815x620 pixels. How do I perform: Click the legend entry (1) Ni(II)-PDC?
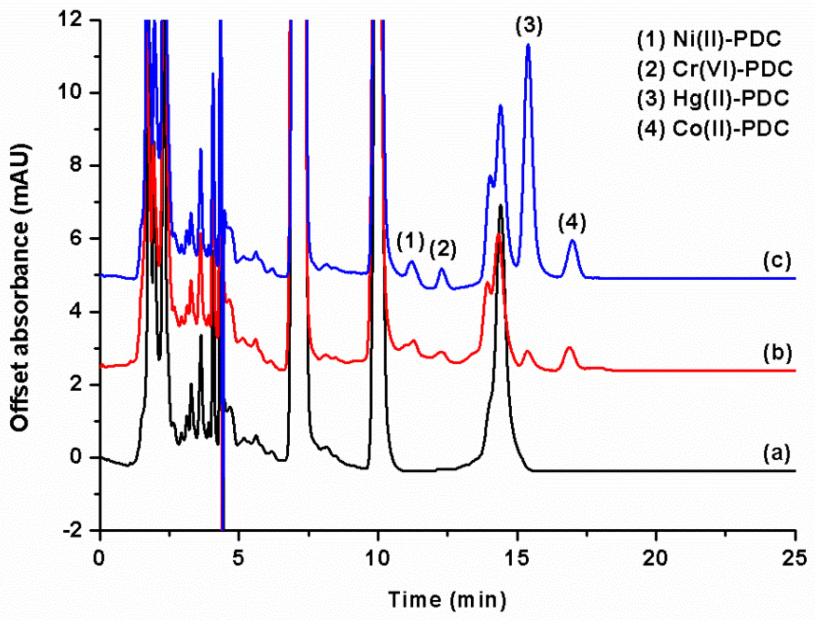click(709, 39)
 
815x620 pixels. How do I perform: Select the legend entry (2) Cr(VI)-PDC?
click(715, 69)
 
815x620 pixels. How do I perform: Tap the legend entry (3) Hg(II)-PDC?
click(713, 99)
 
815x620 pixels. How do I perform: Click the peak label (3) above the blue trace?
click(529, 26)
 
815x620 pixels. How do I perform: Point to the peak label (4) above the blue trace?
click(572, 223)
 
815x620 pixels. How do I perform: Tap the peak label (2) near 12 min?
click(442, 250)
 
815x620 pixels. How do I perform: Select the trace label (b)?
click(777, 353)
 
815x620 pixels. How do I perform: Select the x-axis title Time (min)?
click(447, 599)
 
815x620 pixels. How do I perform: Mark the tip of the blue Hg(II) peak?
click(528, 45)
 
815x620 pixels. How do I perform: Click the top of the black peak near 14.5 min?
click(500, 205)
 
